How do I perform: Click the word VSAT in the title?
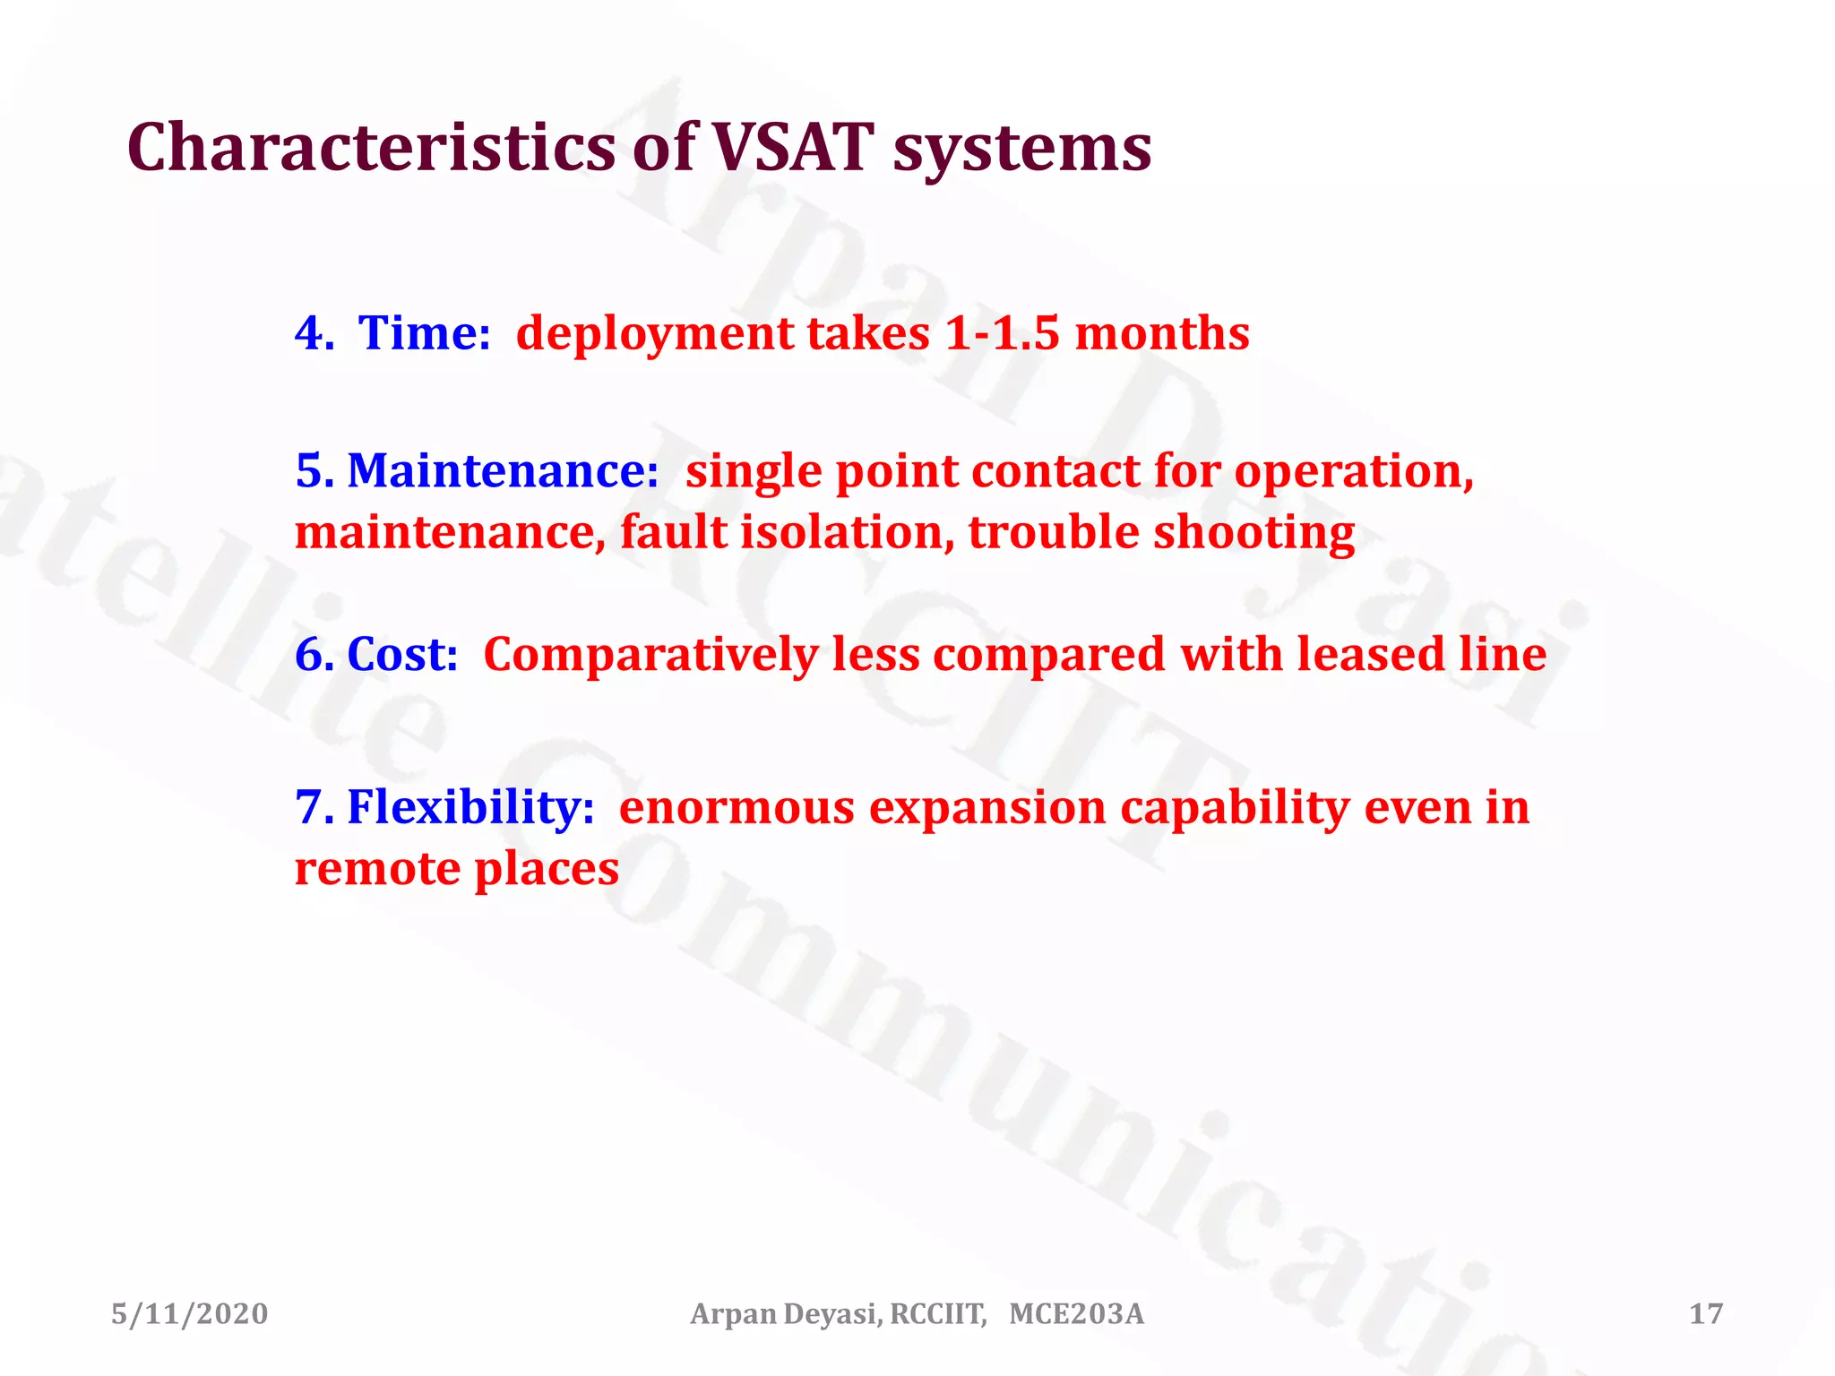[x=792, y=148]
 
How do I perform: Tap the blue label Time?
[x=424, y=333]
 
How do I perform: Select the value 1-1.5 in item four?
[x=1002, y=333]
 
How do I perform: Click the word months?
[x=1161, y=333]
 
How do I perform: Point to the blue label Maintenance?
[x=502, y=471]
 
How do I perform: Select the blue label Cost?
[x=401, y=655]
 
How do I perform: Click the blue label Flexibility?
[x=470, y=808]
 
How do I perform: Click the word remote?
[x=376, y=869]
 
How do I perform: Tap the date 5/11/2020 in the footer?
[x=189, y=1314]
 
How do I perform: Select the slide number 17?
[x=1705, y=1314]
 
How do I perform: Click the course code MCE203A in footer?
[x=1076, y=1314]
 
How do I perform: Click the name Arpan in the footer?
[x=732, y=1315]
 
